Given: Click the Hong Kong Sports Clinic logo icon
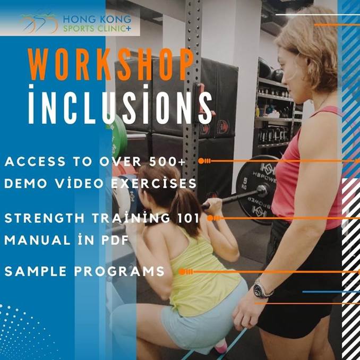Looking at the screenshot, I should point(39,22).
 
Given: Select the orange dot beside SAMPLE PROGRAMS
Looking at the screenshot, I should point(182,271).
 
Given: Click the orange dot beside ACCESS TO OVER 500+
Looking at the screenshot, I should point(201,160).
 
